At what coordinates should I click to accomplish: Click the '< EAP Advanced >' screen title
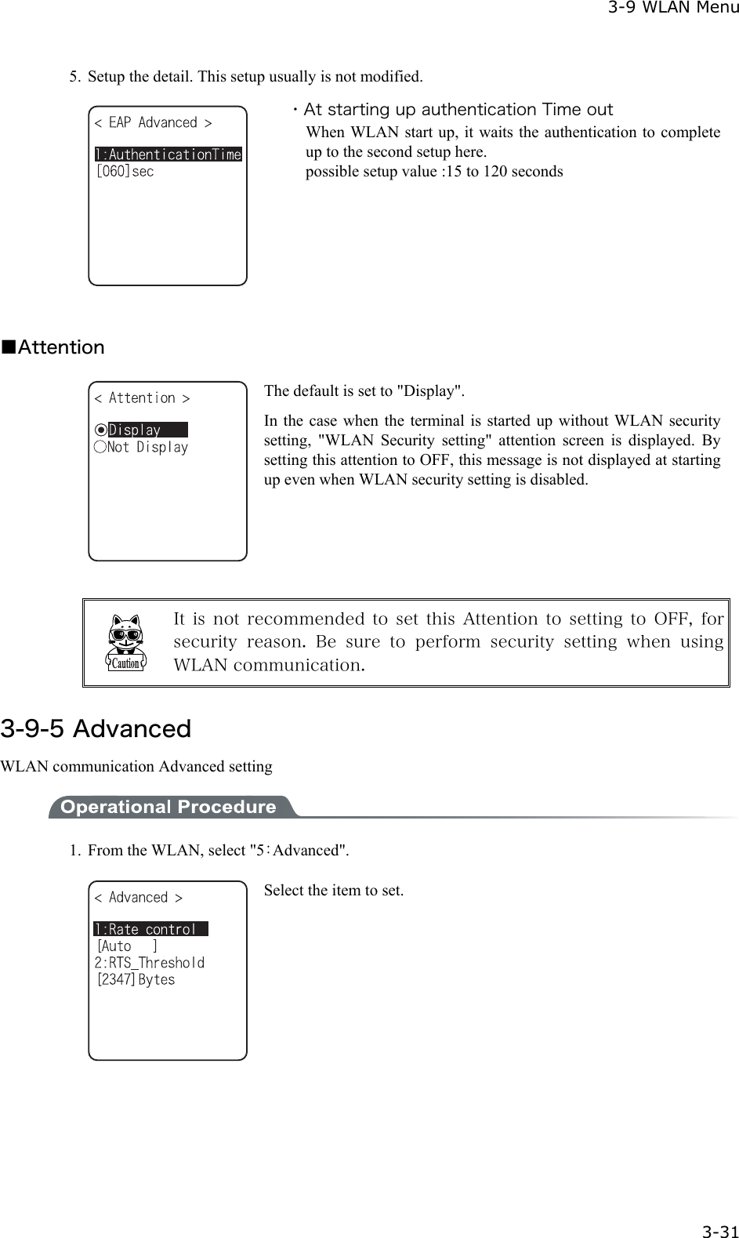[153, 122]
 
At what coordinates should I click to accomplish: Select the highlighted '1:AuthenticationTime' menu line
[168, 154]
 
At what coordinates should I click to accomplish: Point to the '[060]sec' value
[125, 171]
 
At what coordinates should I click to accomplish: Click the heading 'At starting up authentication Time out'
[458, 109]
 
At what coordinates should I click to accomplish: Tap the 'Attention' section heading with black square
[53, 347]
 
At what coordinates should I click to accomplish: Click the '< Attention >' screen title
[142, 398]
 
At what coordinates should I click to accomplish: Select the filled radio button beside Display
[100, 430]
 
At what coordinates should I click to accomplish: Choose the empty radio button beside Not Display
[100, 447]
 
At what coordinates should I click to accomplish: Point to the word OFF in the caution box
[672, 619]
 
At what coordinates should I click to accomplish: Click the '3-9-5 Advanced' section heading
[96, 728]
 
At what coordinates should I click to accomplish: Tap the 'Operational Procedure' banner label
[168, 807]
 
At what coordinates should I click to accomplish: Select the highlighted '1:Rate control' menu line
[150, 929]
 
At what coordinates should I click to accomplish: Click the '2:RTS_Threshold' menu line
[150, 962]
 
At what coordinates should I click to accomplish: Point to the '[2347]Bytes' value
[136, 979]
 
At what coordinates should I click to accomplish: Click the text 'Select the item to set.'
[334, 890]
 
